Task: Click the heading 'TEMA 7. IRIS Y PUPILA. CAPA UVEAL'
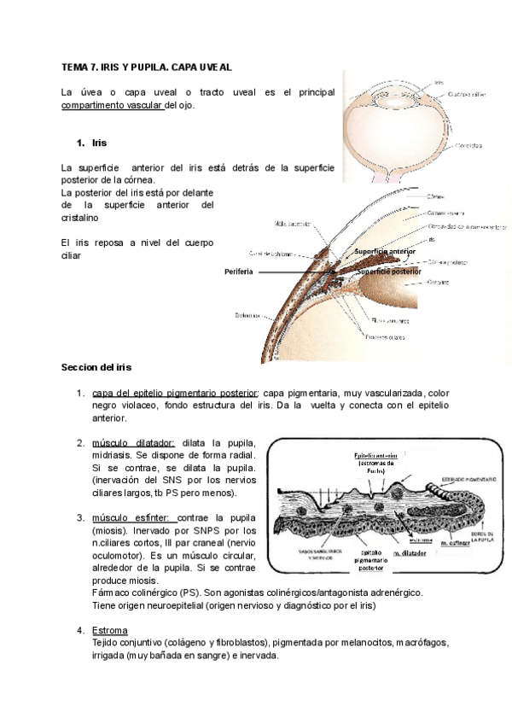click(147, 67)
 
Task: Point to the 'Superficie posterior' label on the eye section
click(389, 271)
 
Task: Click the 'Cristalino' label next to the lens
click(439, 280)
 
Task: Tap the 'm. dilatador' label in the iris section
click(410, 552)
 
